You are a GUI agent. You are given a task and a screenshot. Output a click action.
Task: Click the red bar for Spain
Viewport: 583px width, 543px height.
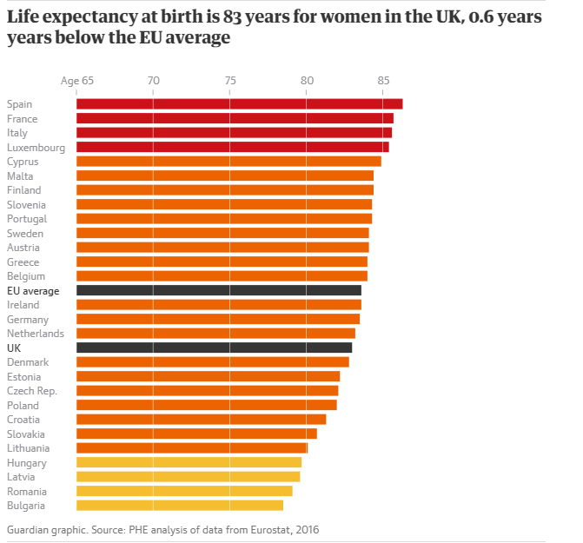point(239,104)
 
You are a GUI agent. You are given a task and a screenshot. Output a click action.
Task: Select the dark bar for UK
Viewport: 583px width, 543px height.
point(214,348)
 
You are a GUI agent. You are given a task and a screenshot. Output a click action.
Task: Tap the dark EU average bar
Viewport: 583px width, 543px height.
point(219,290)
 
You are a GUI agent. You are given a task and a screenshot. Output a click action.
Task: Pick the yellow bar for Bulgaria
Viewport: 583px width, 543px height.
point(180,505)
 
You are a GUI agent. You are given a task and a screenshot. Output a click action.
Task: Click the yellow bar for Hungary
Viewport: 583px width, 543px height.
point(189,462)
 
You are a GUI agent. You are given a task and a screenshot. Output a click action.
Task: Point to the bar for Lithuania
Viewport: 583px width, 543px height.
point(192,448)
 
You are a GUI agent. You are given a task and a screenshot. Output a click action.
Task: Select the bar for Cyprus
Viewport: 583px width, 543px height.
point(229,162)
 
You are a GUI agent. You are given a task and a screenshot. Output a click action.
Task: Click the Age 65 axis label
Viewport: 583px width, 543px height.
point(77,81)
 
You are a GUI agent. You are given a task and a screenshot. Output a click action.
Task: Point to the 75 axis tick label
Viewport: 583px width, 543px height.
point(230,81)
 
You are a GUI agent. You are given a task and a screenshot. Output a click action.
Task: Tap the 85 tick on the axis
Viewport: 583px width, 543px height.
point(383,81)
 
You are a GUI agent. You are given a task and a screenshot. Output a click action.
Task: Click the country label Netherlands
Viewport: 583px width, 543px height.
point(36,334)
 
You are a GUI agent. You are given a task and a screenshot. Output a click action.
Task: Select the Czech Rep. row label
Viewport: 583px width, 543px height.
point(32,391)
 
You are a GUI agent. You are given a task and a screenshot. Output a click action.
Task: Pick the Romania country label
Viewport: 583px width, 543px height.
point(27,491)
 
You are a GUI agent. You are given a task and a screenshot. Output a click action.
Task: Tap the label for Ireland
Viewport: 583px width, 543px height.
point(23,305)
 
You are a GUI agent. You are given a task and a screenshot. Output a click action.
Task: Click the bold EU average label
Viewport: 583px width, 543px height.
point(33,291)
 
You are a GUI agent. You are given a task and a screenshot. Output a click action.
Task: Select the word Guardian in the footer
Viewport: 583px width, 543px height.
point(30,528)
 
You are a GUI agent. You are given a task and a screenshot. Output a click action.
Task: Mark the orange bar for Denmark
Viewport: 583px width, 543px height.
point(213,362)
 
